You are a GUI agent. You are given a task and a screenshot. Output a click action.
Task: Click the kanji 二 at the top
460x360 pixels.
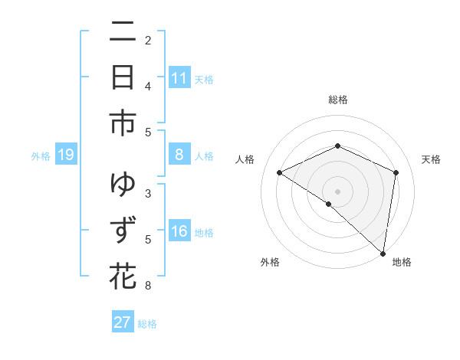coord(123,33)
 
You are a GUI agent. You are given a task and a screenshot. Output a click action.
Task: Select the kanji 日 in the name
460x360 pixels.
coord(123,78)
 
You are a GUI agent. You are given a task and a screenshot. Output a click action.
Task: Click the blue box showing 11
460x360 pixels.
coord(179,78)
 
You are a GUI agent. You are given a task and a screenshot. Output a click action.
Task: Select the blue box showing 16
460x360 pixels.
coord(179,232)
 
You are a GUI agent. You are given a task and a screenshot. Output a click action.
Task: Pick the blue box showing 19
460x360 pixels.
coord(66,155)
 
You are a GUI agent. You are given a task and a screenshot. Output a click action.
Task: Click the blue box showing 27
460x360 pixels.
coord(123,322)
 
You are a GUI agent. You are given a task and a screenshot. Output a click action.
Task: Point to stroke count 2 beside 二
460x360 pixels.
coord(148,40)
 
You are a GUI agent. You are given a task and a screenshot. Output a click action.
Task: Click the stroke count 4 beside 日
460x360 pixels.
coord(148,86)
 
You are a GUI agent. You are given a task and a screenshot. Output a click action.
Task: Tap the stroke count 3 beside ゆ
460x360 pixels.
coord(148,193)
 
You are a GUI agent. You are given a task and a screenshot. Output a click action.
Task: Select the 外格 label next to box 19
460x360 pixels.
coord(41,156)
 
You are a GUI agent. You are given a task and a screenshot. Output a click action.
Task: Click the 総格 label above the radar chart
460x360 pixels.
coord(337,100)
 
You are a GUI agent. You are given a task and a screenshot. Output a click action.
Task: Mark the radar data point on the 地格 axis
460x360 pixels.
coord(383,254)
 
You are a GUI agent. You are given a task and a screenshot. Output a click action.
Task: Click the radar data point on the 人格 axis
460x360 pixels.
coord(279,172)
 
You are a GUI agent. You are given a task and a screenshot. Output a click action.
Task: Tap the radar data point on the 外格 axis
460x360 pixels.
coord(329,204)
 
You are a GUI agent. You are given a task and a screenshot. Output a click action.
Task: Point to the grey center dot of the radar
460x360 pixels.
coord(337,191)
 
